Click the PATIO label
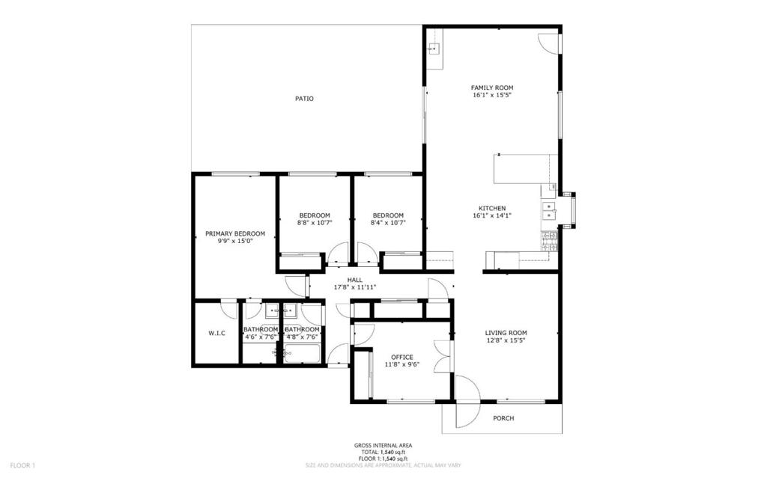[x=304, y=99]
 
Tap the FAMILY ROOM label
[x=492, y=88]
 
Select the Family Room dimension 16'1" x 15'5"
[x=492, y=95]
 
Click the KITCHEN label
[x=492, y=208]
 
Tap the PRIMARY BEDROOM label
[x=235, y=233]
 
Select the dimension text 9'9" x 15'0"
[x=235, y=241]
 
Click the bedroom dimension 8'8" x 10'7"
[x=315, y=223]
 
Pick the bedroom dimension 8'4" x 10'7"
[x=389, y=223]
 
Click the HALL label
[x=355, y=280]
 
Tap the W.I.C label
[x=216, y=334]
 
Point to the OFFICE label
[x=402, y=358]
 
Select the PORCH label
[x=503, y=418]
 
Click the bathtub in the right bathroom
[x=303, y=353]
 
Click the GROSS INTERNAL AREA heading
[x=383, y=445]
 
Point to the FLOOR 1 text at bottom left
[x=22, y=465]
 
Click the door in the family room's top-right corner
[x=549, y=43]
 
